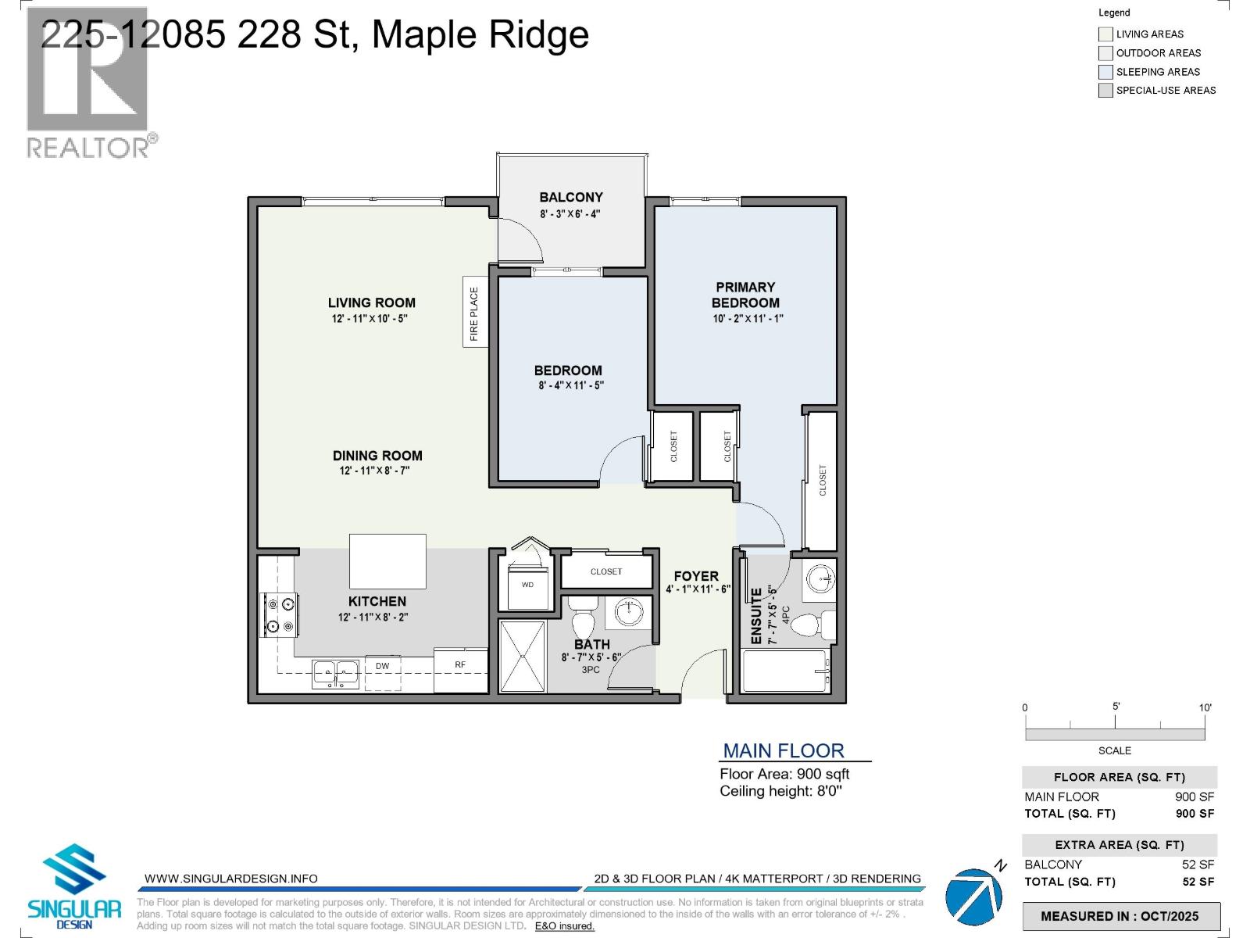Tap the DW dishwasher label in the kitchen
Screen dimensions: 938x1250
click(x=382, y=666)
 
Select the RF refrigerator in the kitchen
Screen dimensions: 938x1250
click(x=461, y=666)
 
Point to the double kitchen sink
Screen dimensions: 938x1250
click(x=336, y=672)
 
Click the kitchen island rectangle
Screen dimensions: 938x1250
click(x=387, y=560)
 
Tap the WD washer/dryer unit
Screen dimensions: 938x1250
click(x=527, y=588)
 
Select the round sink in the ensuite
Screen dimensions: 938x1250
click(x=819, y=579)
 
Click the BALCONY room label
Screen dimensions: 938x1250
click(x=571, y=198)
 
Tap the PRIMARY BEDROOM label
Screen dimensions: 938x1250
click(x=745, y=295)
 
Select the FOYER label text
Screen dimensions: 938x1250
click(x=695, y=576)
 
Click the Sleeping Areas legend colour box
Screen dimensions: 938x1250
click(x=1105, y=72)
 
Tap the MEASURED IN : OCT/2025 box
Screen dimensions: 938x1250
click(x=1120, y=916)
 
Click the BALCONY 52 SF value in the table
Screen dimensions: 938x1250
click(x=1198, y=865)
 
